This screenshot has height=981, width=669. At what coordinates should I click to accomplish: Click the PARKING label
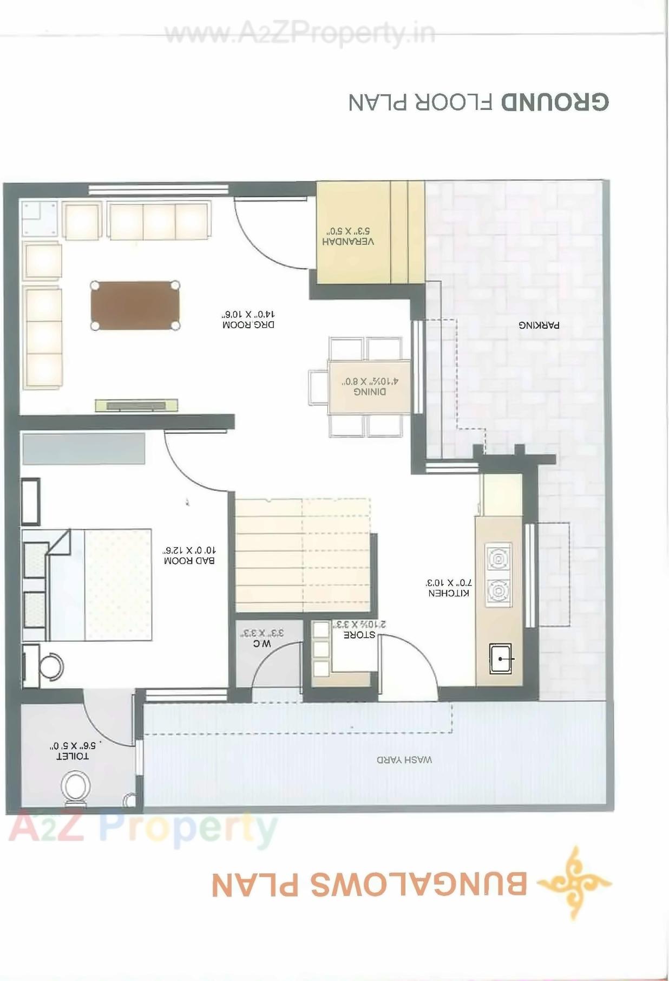pyautogui.click(x=539, y=326)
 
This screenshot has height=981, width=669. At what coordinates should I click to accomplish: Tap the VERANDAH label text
pyautogui.click(x=347, y=242)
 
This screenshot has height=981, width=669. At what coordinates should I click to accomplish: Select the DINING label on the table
pyautogui.click(x=370, y=392)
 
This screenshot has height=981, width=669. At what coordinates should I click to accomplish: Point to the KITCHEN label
pyautogui.click(x=449, y=593)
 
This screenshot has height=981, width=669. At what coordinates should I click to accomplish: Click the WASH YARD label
pyautogui.click(x=404, y=759)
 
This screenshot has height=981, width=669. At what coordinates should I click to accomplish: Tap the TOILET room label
pyautogui.click(x=73, y=756)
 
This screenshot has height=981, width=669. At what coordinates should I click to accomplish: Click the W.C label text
pyautogui.click(x=262, y=644)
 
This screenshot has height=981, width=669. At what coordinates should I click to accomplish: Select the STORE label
pyautogui.click(x=359, y=634)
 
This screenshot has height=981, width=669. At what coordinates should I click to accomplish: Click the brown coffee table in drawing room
pyautogui.click(x=135, y=306)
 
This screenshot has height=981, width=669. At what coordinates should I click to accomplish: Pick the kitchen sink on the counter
pyautogui.click(x=501, y=659)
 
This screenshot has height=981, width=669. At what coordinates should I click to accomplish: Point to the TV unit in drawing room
pyautogui.click(x=136, y=405)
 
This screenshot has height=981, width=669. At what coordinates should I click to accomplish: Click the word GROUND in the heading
pyautogui.click(x=555, y=102)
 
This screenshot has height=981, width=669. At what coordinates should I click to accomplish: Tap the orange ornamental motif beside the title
pyautogui.click(x=575, y=883)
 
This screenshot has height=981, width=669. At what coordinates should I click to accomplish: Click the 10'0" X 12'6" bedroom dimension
pyautogui.click(x=189, y=550)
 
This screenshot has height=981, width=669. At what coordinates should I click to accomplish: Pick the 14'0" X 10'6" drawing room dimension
pyautogui.click(x=248, y=314)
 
